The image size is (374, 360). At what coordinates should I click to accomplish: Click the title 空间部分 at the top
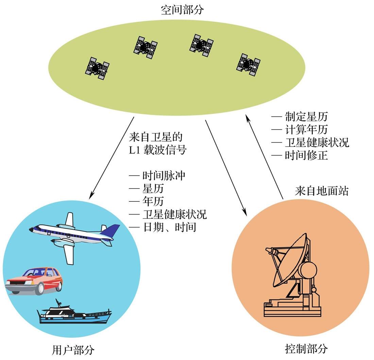pyautogui.click(x=182, y=10)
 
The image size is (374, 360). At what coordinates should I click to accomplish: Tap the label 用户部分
pyautogui.click(x=73, y=350)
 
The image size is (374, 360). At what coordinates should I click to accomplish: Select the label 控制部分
pyautogui.click(x=306, y=349)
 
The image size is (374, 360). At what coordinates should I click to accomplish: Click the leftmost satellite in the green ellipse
pyautogui.click(x=97, y=68)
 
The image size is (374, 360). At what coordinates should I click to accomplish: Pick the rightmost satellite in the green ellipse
pyautogui.click(x=248, y=65)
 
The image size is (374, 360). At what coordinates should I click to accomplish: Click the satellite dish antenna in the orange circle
pyautogui.click(x=292, y=275)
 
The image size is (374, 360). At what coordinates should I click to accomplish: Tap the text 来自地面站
pyautogui.click(x=322, y=191)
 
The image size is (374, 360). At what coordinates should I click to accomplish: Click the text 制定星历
pyautogui.click(x=306, y=117)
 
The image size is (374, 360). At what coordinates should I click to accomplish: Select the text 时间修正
pyautogui.click(x=306, y=156)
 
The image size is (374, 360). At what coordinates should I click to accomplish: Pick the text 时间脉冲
pyautogui.click(x=164, y=176)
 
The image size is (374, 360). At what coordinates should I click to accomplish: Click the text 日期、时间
pyautogui.click(x=169, y=227)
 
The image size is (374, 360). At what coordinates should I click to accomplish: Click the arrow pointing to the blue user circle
pyautogui.click(x=112, y=158)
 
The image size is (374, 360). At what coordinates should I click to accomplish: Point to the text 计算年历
pyautogui.click(x=306, y=130)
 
